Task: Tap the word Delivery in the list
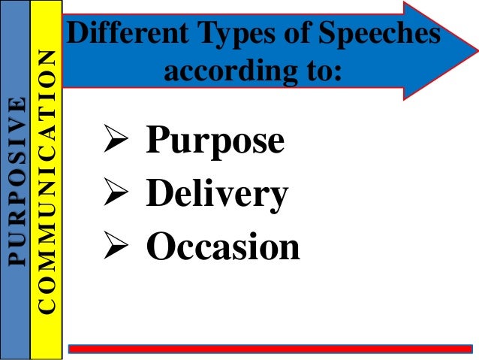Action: click(x=217, y=195)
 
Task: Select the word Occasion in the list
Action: click(x=223, y=247)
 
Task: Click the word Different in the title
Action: click(x=122, y=36)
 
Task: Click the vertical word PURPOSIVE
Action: click(x=16, y=180)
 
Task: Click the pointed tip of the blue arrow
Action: click(x=477, y=50)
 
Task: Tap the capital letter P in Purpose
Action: click(x=157, y=141)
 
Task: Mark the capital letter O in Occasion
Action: click(x=159, y=247)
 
